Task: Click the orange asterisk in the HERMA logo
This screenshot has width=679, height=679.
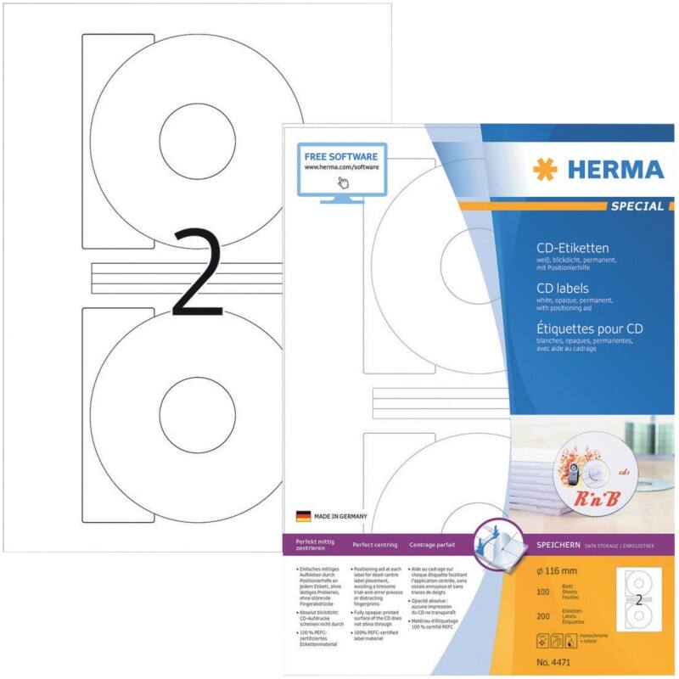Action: [x=544, y=169]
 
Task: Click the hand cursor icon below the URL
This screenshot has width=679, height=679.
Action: [x=344, y=182]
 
